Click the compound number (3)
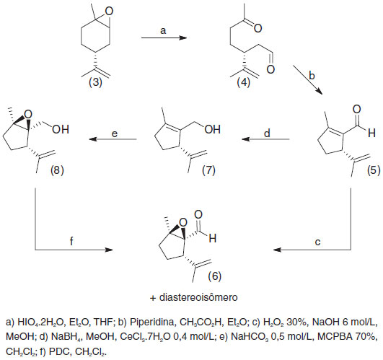pos(95,82)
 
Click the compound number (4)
pos(244,82)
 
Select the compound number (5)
pos(374,170)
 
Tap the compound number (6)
pos(215,276)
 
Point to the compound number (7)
pos(208,170)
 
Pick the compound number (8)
pos(57,170)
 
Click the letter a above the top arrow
pos(163,31)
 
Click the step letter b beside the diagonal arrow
pos(312,76)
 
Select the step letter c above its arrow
pos(317,242)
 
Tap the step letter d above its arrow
pos(267,133)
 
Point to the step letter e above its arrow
pos(115,134)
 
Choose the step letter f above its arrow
pos(71,241)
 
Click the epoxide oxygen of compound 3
pos(109,11)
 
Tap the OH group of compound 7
pos(213,129)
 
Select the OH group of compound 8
pos(61,129)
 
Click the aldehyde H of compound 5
pos(371,133)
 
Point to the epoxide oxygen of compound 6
pos(182,223)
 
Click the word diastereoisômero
pos(198,297)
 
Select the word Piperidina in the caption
pos(153,322)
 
